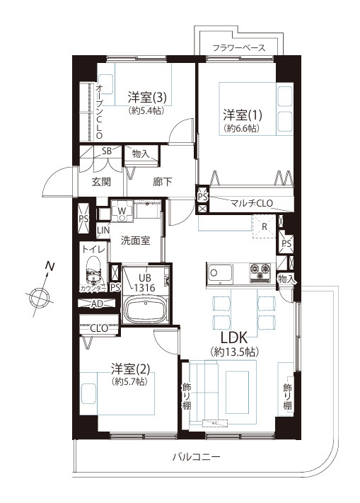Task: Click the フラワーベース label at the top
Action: coord(239,48)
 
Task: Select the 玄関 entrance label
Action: coord(100,181)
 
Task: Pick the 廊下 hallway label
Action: coord(163,182)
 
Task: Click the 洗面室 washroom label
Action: coord(134,240)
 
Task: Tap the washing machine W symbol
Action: coord(122,210)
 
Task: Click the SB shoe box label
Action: coord(107,151)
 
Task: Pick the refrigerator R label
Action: coord(264,226)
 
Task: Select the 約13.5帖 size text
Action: coord(233,352)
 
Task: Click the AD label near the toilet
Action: coord(98,303)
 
